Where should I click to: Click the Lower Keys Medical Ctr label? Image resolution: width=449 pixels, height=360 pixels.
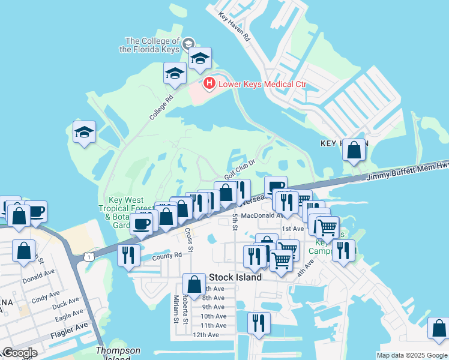coord(262,84)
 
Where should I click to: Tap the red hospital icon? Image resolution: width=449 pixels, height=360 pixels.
coord(209,83)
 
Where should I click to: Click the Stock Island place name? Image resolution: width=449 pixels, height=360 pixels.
coord(235,277)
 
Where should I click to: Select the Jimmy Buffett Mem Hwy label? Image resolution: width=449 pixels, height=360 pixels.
coord(408,172)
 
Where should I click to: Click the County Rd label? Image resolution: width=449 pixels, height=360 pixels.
coord(166,255)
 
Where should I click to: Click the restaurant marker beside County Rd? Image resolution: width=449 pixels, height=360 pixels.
coord(129,256)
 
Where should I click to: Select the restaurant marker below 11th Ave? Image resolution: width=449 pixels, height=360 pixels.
coord(259,323)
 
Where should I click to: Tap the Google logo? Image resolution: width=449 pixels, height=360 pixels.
coord(19,353)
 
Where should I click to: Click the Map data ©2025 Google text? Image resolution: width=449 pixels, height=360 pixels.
coord(411,355)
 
